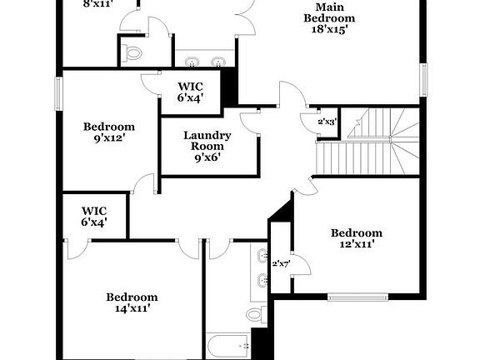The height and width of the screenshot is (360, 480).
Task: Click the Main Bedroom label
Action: (x=329, y=12)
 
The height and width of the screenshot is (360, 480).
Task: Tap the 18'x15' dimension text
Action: (x=329, y=27)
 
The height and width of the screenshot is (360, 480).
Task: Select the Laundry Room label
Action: (x=207, y=142)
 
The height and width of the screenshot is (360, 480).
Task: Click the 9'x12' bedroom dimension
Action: (x=109, y=139)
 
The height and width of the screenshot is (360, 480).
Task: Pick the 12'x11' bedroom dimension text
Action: (x=357, y=245)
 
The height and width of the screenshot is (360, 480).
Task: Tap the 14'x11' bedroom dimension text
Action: (x=132, y=309)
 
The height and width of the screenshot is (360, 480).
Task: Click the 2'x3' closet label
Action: (x=327, y=122)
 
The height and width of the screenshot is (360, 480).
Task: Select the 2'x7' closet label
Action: (x=280, y=264)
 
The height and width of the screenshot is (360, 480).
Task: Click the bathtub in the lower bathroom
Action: (x=228, y=346)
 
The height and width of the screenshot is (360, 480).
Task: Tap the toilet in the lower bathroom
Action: (x=254, y=314)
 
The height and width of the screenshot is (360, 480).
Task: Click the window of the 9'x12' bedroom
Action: (x=58, y=92)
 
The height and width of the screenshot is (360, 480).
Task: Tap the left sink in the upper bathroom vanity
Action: (x=193, y=61)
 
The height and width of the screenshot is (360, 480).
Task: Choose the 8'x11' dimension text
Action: (x=97, y=3)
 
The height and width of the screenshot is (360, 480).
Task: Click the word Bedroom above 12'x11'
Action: (x=357, y=232)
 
